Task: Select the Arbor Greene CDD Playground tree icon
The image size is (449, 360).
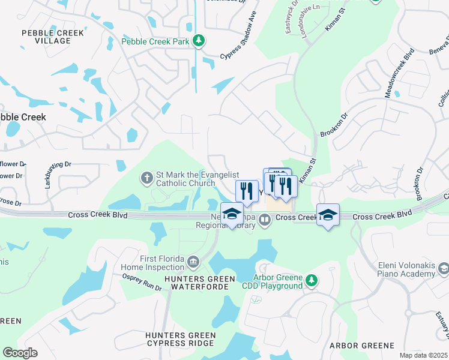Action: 311,280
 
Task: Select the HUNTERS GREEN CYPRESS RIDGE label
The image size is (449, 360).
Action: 180,339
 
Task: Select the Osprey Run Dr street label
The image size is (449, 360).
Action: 142,283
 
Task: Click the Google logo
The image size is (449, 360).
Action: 20,353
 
